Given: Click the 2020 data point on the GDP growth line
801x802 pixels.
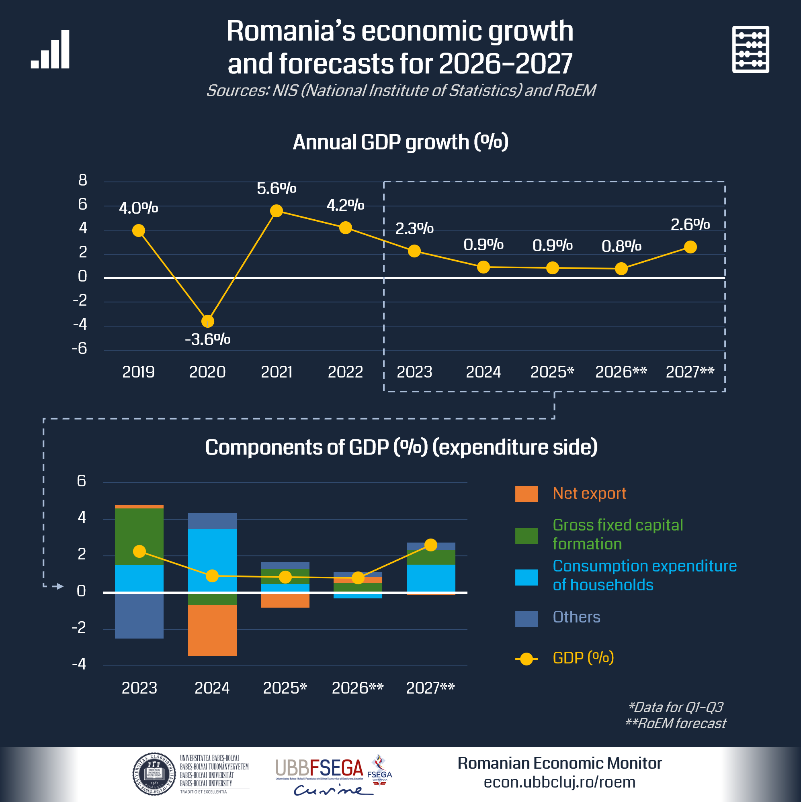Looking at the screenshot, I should click(207, 321).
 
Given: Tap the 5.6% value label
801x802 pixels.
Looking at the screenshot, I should click(276, 188).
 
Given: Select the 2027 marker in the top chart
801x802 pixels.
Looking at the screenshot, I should click(690, 247).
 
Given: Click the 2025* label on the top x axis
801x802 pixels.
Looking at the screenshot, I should click(552, 372).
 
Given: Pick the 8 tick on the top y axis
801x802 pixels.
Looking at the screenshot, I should click(83, 180).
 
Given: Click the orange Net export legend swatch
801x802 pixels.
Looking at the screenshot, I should click(526, 494).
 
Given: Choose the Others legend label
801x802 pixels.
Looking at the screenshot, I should click(576, 617).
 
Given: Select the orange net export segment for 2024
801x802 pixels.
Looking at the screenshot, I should click(212, 630).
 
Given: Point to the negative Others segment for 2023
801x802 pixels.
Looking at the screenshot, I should click(139, 615).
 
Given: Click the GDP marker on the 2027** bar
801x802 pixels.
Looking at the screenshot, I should click(431, 545).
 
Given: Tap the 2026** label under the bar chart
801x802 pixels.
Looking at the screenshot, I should click(357, 688).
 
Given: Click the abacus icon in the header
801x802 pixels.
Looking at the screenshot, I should click(750, 49).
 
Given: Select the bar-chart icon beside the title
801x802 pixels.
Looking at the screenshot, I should click(50, 49).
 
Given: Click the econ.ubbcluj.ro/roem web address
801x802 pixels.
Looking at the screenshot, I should click(559, 782).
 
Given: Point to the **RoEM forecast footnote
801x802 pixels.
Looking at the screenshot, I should click(676, 724).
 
